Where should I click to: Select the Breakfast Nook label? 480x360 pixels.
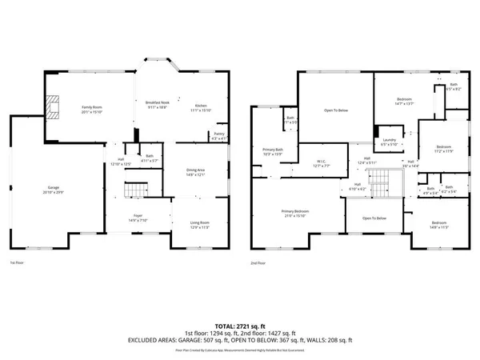pos(155,104)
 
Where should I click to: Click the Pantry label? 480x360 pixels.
pos(218,135)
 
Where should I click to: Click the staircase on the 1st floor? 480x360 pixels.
pos(135,190)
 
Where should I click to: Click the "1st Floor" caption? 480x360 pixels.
pos(17,262)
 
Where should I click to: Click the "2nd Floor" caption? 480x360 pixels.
pos(257,262)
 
